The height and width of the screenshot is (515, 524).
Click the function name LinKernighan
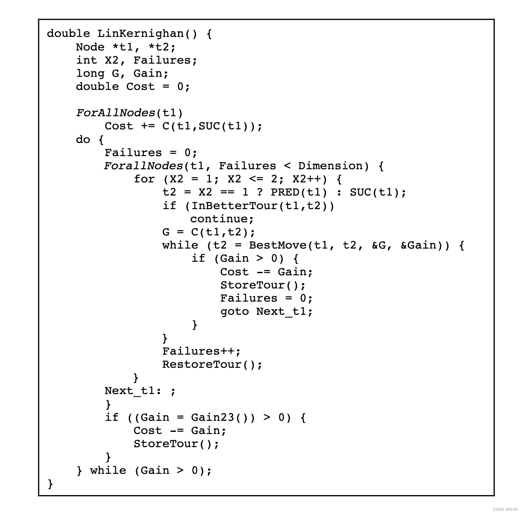(x=140, y=34)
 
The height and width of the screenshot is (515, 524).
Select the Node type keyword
(x=90, y=47)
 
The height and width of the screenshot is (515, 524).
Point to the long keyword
(x=90, y=73)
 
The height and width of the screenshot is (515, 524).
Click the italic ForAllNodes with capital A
(x=116, y=113)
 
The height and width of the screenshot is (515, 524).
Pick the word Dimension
(x=330, y=166)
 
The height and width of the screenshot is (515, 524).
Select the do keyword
(x=83, y=139)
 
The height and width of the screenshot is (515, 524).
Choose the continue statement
(x=221, y=219)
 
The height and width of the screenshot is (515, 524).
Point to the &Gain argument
(x=418, y=245)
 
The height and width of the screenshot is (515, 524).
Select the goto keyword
(x=234, y=311)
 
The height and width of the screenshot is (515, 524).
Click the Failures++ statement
(x=201, y=351)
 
